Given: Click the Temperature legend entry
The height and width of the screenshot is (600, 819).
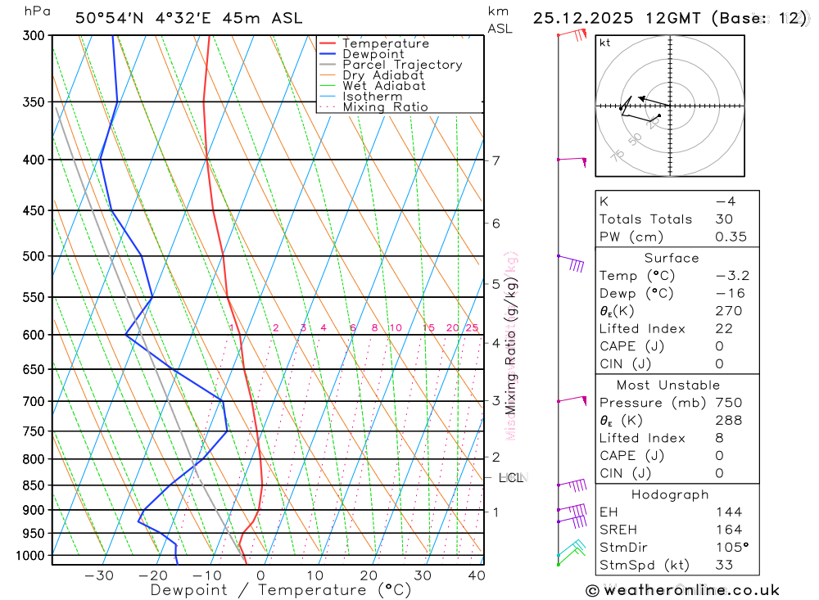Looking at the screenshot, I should click(385, 43).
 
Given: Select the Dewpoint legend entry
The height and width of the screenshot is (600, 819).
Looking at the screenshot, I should click(373, 54).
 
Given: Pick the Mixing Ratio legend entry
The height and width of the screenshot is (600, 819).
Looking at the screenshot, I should click(385, 106).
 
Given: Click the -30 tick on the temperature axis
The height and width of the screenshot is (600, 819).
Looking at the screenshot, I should click(99, 575).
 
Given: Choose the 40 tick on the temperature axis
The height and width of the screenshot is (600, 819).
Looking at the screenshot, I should click(476, 575).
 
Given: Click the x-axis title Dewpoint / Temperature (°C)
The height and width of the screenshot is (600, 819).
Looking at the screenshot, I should click(281, 590).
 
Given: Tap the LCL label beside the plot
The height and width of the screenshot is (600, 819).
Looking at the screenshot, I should click(512, 477).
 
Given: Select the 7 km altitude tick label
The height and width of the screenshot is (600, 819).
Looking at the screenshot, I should click(496, 160).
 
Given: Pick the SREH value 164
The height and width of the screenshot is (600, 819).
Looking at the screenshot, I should click(728, 530).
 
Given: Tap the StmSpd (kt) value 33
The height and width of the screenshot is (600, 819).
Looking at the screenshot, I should click(724, 565).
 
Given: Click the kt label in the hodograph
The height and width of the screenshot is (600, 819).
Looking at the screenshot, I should click(605, 43).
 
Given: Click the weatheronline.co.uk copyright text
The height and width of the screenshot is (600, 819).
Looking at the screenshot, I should click(682, 590).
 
